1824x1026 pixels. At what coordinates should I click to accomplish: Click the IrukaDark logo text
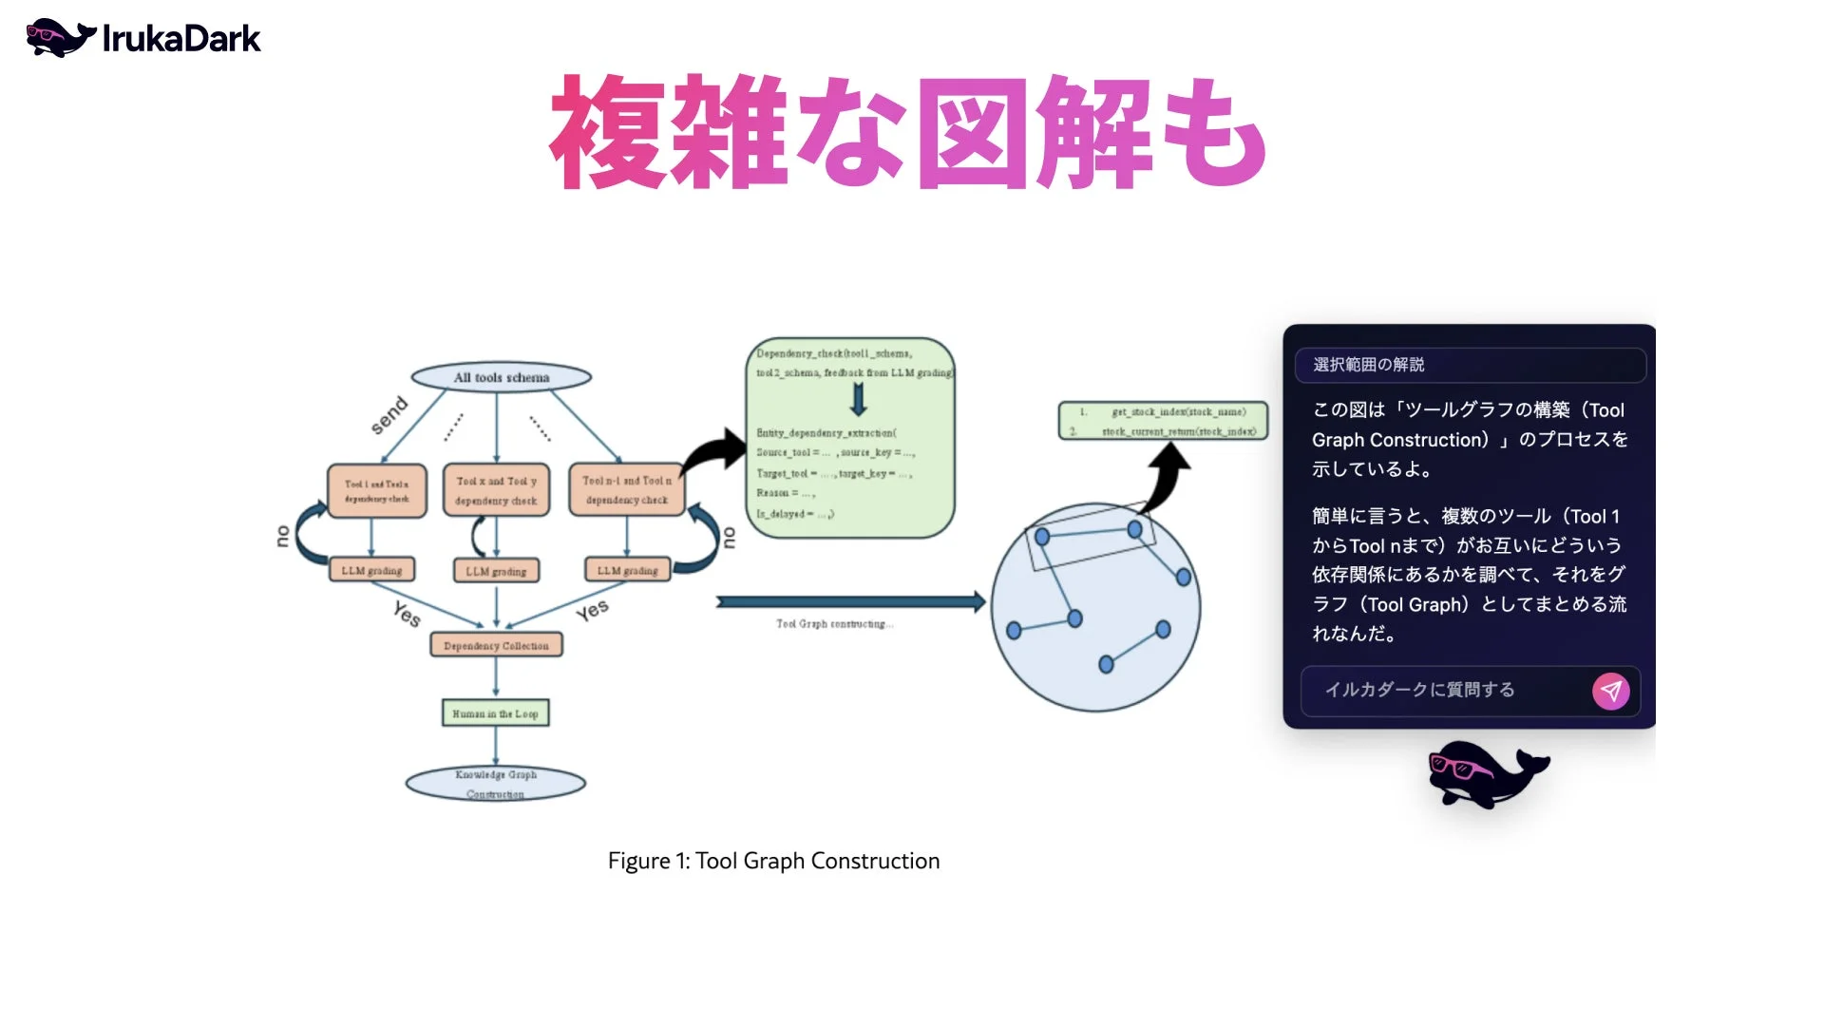(x=180, y=39)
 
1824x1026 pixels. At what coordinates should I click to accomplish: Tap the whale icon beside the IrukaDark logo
(x=59, y=38)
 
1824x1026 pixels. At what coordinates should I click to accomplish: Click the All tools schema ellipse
(x=501, y=377)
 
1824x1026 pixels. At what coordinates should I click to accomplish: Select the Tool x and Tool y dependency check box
(x=496, y=490)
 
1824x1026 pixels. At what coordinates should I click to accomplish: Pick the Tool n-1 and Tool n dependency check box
(x=626, y=490)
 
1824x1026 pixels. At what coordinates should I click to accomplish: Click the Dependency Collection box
(x=496, y=645)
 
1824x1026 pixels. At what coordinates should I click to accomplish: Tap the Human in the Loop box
(x=495, y=712)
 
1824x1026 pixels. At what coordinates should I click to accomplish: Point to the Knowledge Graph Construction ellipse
(x=495, y=784)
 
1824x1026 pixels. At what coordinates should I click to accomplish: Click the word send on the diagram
(x=389, y=415)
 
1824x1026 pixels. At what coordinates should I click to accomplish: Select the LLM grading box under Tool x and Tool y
(x=496, y=571)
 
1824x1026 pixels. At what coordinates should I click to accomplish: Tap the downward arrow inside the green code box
(x=858, y=400)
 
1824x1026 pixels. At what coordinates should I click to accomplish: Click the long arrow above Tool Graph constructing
(x=850, y=601)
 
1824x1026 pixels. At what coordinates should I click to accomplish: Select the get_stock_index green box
(x=1163, y=421)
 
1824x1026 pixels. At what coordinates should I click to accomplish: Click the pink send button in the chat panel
(x=1610, y=691)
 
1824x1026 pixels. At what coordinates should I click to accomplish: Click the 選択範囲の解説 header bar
(x=1469, y=365)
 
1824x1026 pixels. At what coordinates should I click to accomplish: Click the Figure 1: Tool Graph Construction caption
(x=773, y=861)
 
